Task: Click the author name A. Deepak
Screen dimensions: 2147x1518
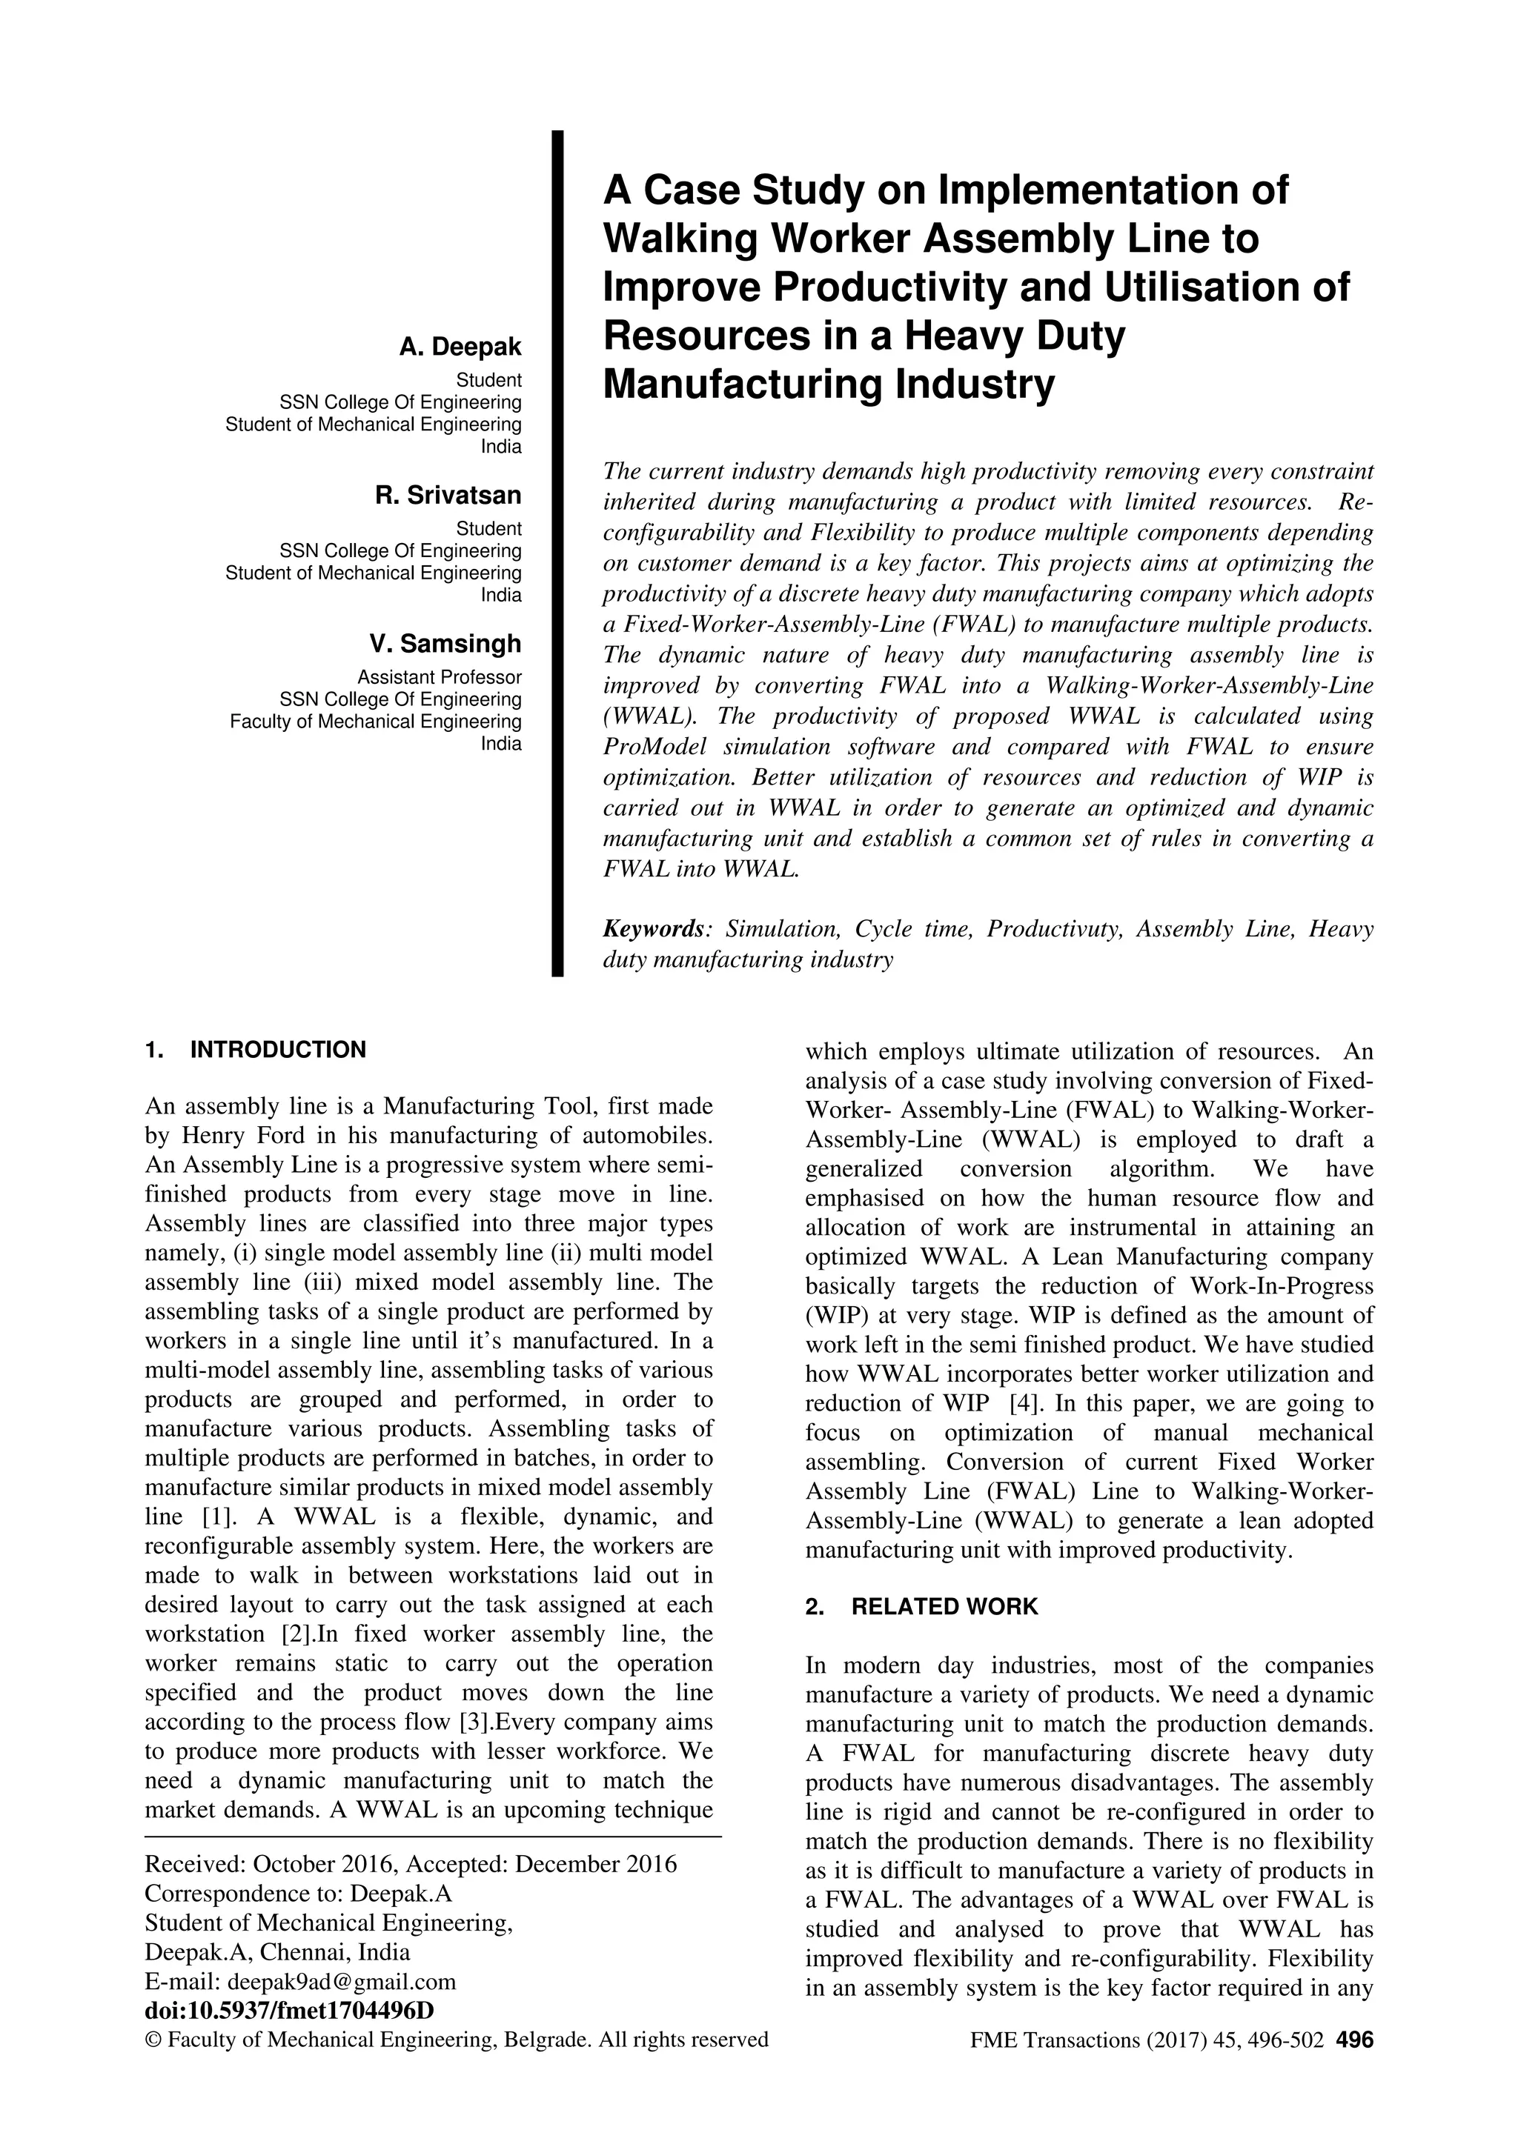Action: [460, 347]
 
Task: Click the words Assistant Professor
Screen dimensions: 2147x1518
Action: [440, 677]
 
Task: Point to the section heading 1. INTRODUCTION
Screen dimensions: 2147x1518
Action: [255, 1049]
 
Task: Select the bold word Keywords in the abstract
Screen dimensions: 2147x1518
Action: [654, 930]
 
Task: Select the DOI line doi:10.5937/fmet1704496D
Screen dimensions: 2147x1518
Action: [290, 2011]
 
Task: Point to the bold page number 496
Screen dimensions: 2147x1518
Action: [1354, 2040]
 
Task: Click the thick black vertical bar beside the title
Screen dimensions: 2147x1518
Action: [557, 552]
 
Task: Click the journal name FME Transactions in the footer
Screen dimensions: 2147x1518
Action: [1055, 2040]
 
